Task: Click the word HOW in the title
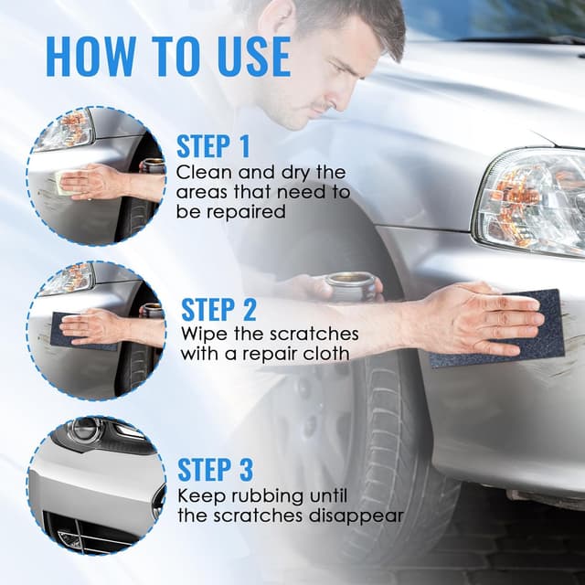[x=90, y=57]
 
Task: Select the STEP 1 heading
[x=213, y=146]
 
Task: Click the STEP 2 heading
[x=218, y=309]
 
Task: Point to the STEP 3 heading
[x=216, y=469]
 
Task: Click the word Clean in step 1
[x=205, y=173]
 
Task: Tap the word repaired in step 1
[x=246, y=212]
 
